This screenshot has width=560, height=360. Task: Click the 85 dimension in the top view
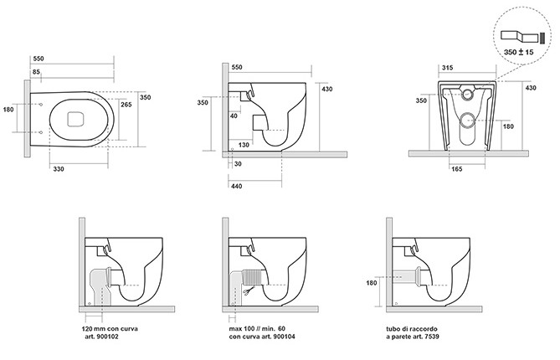(37, 72)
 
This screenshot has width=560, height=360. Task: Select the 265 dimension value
(126, 105)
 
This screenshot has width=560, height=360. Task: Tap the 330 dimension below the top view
(59, 169)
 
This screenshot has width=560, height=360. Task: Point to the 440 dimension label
(236, 186)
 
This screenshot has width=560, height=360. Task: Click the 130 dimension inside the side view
(244, 145)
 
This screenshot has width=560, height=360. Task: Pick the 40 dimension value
(234, 116)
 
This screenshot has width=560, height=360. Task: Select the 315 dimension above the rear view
(448, 68)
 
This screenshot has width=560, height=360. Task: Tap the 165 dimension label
(457, 169)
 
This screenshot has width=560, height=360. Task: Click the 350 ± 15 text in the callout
(519, 52)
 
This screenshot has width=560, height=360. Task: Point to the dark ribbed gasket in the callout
(542, 38)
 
